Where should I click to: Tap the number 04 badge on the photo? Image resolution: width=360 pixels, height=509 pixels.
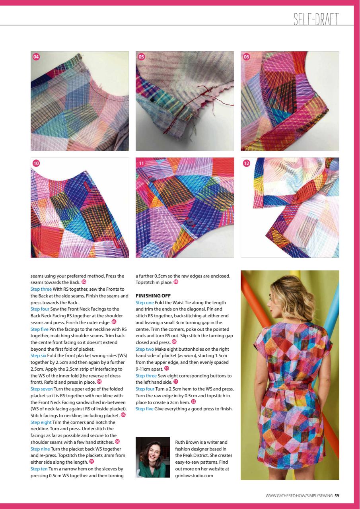click(36, 57)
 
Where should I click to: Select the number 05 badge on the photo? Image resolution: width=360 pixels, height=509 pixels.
click(141, 57)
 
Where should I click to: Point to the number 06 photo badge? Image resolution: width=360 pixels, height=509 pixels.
click(246, 57)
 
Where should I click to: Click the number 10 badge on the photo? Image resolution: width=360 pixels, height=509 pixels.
click(36, 163)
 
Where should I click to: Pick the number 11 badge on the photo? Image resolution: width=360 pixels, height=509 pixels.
click(141, 163)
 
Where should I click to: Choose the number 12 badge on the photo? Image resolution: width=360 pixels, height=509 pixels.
click(246, 163)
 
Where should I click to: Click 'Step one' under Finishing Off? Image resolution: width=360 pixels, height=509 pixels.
click(144, 303)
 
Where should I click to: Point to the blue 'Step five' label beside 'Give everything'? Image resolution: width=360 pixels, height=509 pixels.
click(145, 409)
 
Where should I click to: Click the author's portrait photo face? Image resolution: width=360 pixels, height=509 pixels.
click(153, 453)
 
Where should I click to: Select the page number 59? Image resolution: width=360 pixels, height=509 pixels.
click(337, 495)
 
